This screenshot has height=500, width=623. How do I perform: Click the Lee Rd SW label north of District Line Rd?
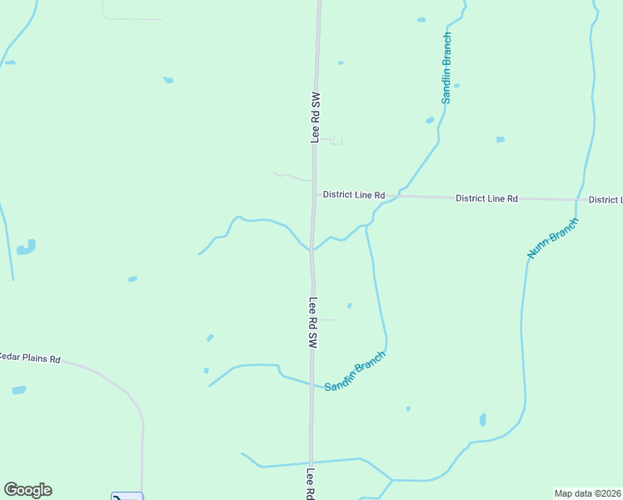pos(316,117)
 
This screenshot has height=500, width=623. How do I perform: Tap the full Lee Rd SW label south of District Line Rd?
pos(314,322)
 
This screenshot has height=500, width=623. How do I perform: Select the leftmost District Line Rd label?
pos(354,195)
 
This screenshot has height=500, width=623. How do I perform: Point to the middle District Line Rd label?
pos(486,198)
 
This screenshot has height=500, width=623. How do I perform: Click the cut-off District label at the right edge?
pos(605,200)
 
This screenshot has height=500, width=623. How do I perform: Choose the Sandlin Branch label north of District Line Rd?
pos(446,68)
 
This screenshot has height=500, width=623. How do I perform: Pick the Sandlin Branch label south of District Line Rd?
pos(355,372)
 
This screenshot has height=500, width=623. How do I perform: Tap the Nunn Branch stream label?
pos(552,237)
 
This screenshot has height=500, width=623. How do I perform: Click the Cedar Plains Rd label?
pos(30,358)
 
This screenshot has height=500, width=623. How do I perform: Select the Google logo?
pos(27,490)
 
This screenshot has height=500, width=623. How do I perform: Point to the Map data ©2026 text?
pos(588,493)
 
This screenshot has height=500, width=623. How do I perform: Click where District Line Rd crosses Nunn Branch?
pos(576,200)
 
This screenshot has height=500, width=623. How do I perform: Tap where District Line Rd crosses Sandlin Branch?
pos(397,197)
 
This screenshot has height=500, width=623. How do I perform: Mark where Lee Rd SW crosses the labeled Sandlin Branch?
pos(312,385)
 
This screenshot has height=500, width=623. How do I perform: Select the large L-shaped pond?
pos(26,247)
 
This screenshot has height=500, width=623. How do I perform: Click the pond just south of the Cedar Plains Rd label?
pos(19,390)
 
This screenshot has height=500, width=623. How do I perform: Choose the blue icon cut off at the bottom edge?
pos(127,497)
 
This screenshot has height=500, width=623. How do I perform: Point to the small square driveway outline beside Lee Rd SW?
pos(337,141)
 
